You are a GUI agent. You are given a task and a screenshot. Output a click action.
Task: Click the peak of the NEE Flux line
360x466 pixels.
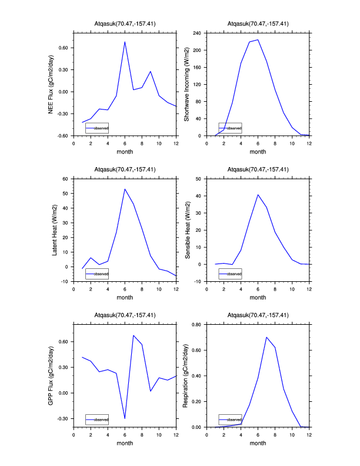click(125, 42)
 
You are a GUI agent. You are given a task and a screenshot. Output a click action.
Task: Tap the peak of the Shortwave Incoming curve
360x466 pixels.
click(258, 39)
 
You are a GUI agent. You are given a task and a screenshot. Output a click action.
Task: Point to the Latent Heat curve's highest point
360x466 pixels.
click(125, 189)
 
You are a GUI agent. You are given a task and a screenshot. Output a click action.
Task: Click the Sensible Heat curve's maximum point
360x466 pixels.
click(258, 195)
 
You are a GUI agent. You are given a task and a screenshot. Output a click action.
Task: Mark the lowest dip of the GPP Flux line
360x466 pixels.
click(125, 418)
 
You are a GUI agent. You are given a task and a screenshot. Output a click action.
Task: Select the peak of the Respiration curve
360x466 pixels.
click(266, 337)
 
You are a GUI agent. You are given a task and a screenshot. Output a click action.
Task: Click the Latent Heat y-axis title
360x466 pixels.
click(55, 230)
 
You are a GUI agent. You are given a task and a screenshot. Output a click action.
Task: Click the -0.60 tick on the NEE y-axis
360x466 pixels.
click(61, 136)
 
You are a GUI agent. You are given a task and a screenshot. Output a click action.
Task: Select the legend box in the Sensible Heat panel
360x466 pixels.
click(230, 274)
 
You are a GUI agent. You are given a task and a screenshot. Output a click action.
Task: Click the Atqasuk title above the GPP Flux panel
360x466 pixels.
click(125, 315)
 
